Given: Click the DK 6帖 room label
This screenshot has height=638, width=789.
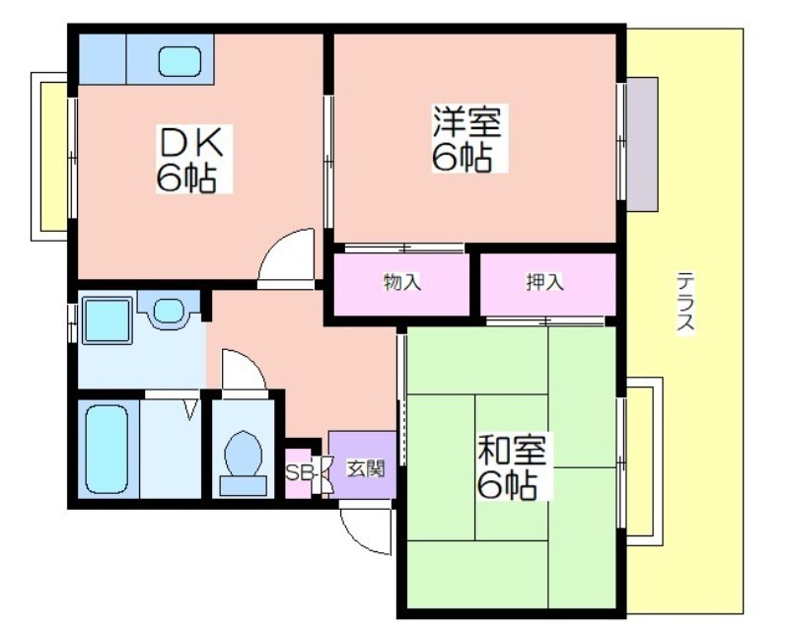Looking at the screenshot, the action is (193, 159).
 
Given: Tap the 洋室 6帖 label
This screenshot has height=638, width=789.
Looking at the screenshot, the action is (469, 138).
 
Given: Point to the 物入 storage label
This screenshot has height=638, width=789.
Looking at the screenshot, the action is (402, 282).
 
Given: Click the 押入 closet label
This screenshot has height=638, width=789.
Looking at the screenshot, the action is (545, 282).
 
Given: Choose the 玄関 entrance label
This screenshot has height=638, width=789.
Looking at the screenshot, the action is (366, 469).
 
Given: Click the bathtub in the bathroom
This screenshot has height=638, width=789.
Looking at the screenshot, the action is (107, 450).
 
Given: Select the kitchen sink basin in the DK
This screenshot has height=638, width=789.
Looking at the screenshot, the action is (179, 61).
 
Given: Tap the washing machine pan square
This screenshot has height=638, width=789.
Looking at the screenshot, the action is (107, 320).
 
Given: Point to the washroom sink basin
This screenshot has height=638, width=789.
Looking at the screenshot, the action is (168, 311).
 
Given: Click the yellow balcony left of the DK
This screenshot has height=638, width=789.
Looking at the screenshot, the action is (54, 157).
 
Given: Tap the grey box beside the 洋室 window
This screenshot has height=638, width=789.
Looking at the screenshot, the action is (642, 144).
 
